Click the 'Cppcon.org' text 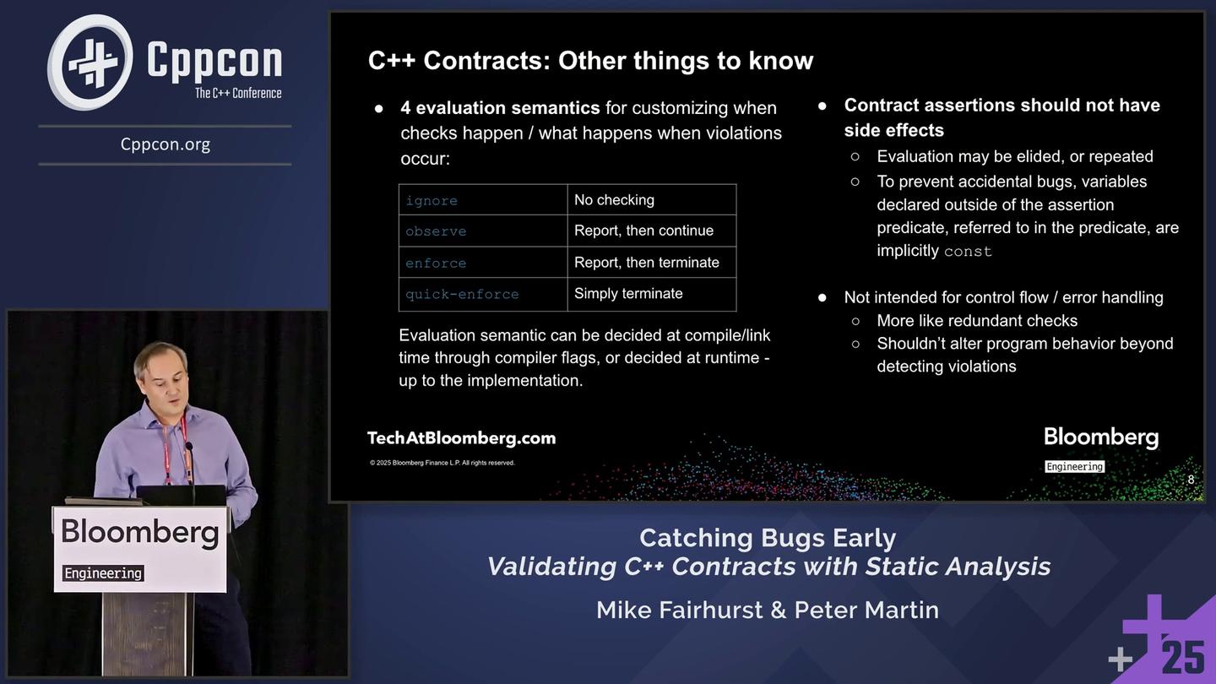[166, 144]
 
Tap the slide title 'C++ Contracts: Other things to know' [590, 61]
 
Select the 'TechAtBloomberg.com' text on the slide [461, 438]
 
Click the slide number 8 [1191, 480]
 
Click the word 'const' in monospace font [968, 252]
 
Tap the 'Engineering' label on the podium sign [103, 573]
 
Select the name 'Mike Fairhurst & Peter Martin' [768, 610]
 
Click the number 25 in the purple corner [1183, 657]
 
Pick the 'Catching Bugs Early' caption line [768, 538]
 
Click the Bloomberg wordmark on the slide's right [1101, 437]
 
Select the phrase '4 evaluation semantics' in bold [500, 108]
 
